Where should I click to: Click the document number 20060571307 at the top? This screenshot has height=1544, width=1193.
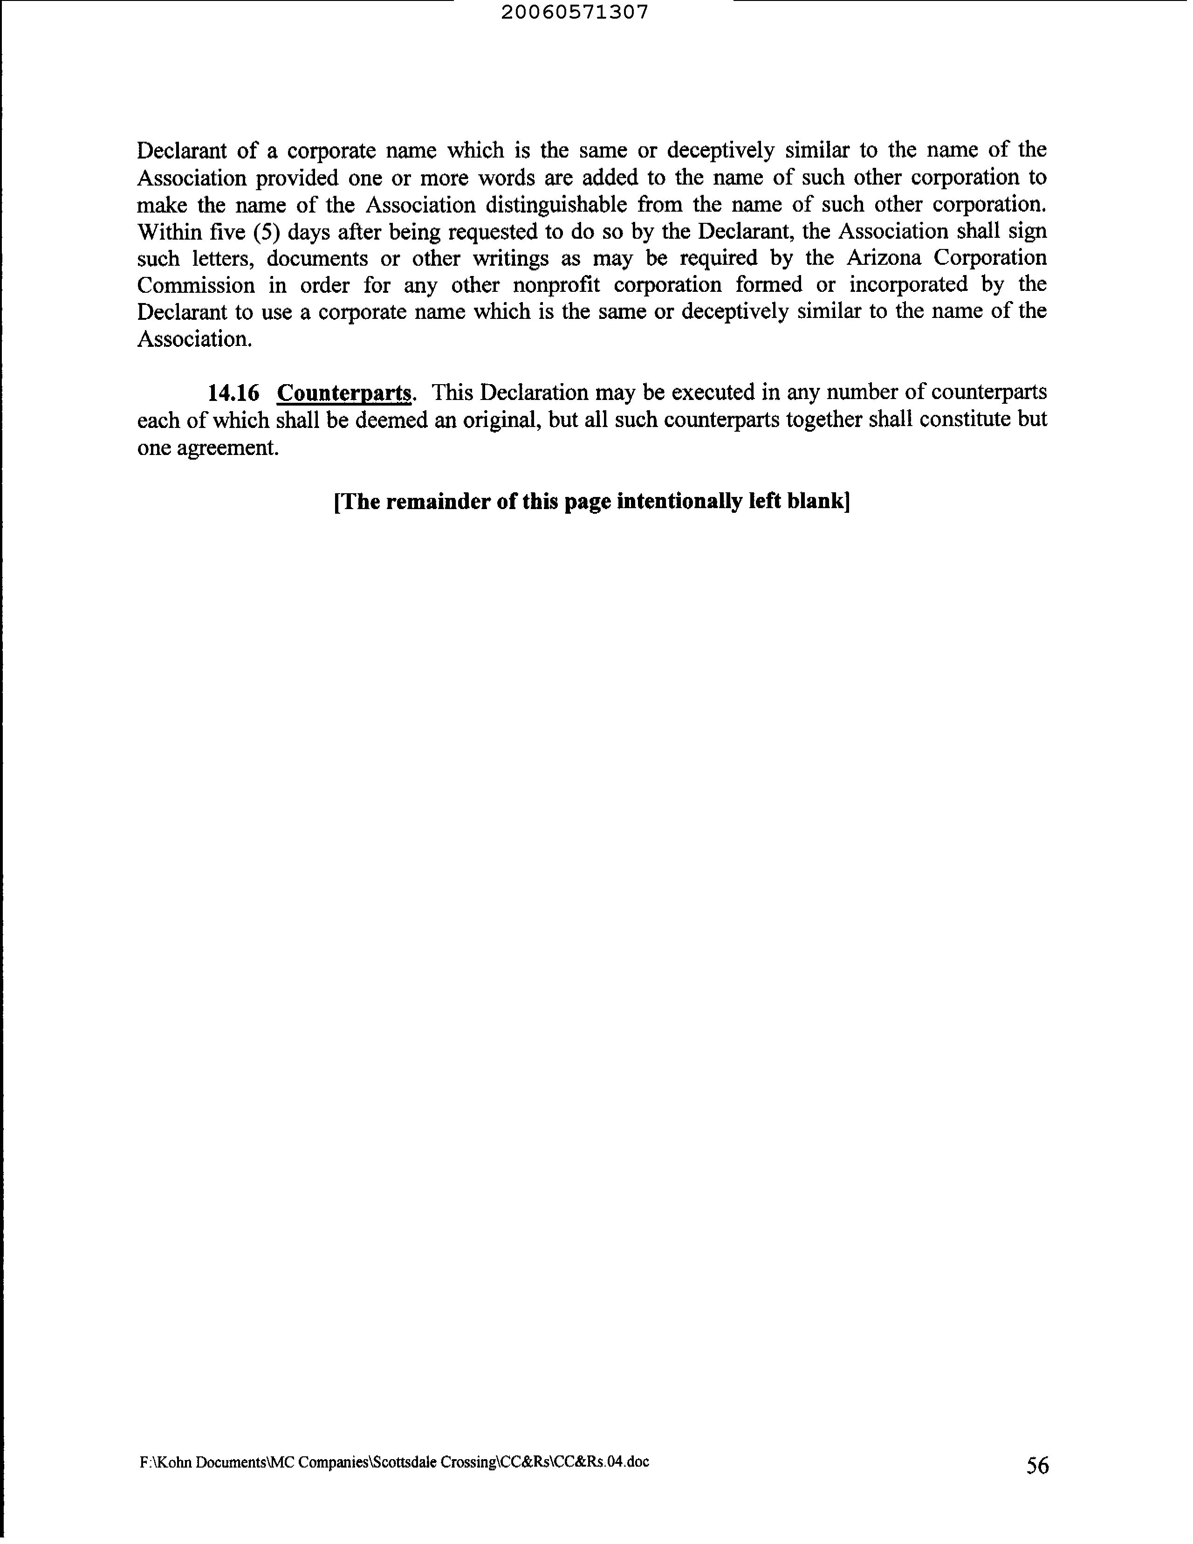point(574,13)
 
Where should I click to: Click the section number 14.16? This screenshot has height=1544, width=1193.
point(233,393)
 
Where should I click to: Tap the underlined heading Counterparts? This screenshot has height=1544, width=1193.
point(344,393)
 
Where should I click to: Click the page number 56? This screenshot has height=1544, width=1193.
point(1037,1466)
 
